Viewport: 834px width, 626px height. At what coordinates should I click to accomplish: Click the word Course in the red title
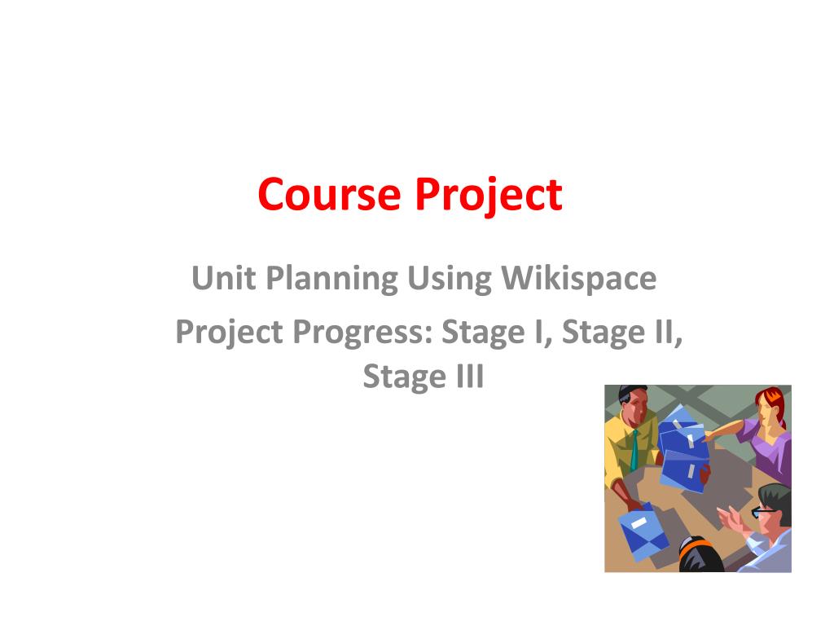[x=329, y=194]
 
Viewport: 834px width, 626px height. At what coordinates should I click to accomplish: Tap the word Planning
[x=332, y=279]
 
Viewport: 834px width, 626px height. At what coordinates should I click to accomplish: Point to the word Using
[x=450, y=279]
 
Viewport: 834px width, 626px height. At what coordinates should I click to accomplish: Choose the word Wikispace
[x=579, y=279]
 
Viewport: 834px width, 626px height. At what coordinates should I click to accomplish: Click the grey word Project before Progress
[x=229, y=333]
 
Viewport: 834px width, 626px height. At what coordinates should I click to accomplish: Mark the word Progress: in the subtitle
[x=362, y=333]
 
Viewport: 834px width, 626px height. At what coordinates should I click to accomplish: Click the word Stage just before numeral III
[x=405, y=377]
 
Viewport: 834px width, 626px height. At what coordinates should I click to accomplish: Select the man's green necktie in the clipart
[x=634, y=450]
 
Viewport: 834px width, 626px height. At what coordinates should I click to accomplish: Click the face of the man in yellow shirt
[x=634, y=409]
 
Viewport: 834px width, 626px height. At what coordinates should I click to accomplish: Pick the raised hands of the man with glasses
[x=733, y=518]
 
